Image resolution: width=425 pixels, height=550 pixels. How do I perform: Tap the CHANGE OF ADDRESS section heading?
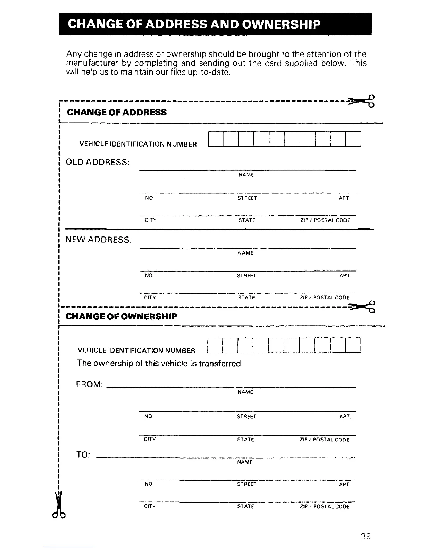[x=117, y=112]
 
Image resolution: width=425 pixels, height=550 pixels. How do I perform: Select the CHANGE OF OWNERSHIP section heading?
[x=121, y=316]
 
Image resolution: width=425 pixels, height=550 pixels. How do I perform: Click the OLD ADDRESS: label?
[x=98, y=162]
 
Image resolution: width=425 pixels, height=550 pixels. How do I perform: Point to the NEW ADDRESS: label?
[x=99, y=240]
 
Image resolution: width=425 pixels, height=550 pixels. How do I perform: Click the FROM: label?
[x=89, y=385]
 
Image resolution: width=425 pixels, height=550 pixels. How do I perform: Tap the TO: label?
[x=83, y=455]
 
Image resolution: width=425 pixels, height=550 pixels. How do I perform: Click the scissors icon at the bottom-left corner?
[x=60, y=505]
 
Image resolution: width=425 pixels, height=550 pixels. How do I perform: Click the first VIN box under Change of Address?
[x=215, y=139]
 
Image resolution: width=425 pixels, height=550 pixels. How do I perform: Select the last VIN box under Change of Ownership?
[x=353, y=345]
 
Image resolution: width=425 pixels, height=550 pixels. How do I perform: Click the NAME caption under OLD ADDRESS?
[x=246, y=175]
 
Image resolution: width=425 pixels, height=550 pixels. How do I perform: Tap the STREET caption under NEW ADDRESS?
[x=246, y=276]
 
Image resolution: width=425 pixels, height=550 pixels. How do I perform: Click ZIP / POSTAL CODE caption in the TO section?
[x=325, y=507]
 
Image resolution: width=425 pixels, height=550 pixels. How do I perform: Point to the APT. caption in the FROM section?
[x=345, y=417]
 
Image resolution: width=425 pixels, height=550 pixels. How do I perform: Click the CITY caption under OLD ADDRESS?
[x=150, y=220]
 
